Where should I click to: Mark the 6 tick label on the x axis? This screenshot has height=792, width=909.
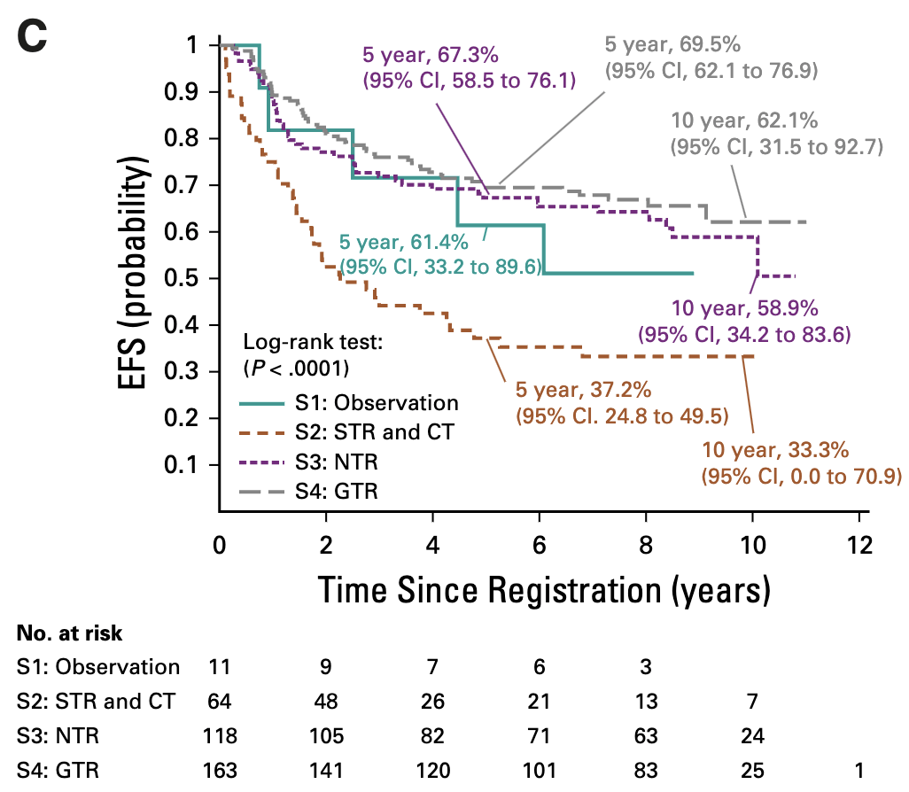tap(540, 543)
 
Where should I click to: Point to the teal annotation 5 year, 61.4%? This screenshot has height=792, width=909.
tap(410, 241)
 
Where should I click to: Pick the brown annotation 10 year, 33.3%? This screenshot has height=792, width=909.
tap(773, 449)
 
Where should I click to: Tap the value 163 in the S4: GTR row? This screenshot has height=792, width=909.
tap(220, 769)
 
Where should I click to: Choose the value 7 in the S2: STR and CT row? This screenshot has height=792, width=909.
tap(753, 702)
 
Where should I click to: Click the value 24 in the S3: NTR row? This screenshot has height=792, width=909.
tap(753, 735)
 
